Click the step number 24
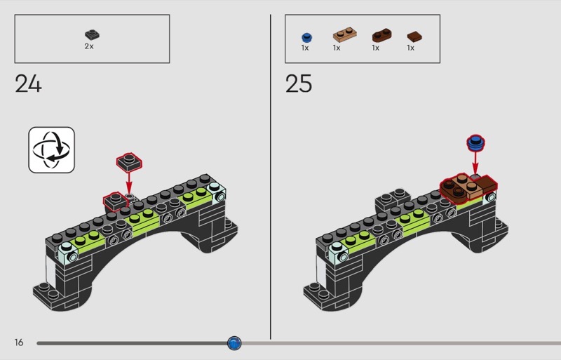(28, 84)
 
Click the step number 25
(299, 84)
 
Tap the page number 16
(19, 342)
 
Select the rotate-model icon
(51, 149)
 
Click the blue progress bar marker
(234, 343)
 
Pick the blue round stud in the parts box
(307, 38)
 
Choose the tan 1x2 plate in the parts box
(345, 35)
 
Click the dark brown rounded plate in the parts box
(381, 35)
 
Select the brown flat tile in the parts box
(414, 36)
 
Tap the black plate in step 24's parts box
(93, 34)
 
